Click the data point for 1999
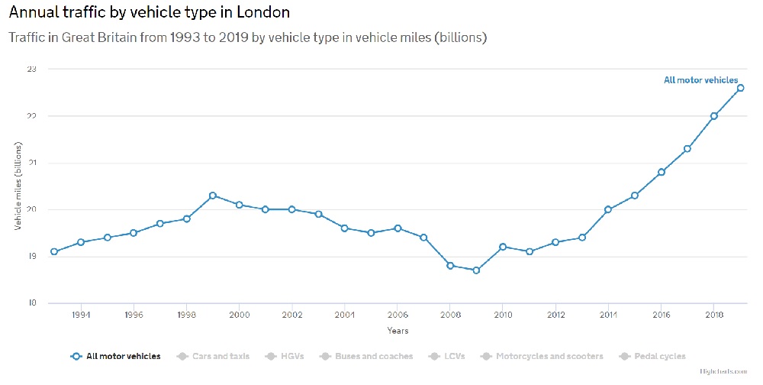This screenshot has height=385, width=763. (213, 196)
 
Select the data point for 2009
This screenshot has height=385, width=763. (477, 270)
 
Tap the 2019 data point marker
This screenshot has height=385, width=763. (740, 88)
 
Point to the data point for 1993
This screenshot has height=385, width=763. (54, 251)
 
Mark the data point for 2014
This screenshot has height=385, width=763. (608, 209)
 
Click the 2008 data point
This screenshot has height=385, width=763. (450, 266)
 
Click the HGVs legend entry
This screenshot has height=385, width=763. (289, 356)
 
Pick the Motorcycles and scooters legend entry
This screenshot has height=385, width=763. (542, 356)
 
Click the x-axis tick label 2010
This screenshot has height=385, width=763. (503, 314)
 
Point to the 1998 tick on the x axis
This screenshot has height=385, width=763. (187, 314)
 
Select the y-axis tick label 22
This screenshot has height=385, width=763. (31, 116)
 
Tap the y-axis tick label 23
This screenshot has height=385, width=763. (31, 70)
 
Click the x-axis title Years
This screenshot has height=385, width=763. (398, 331)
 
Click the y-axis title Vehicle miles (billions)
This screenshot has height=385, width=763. (18, 186)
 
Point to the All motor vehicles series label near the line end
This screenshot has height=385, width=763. (700, 79)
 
